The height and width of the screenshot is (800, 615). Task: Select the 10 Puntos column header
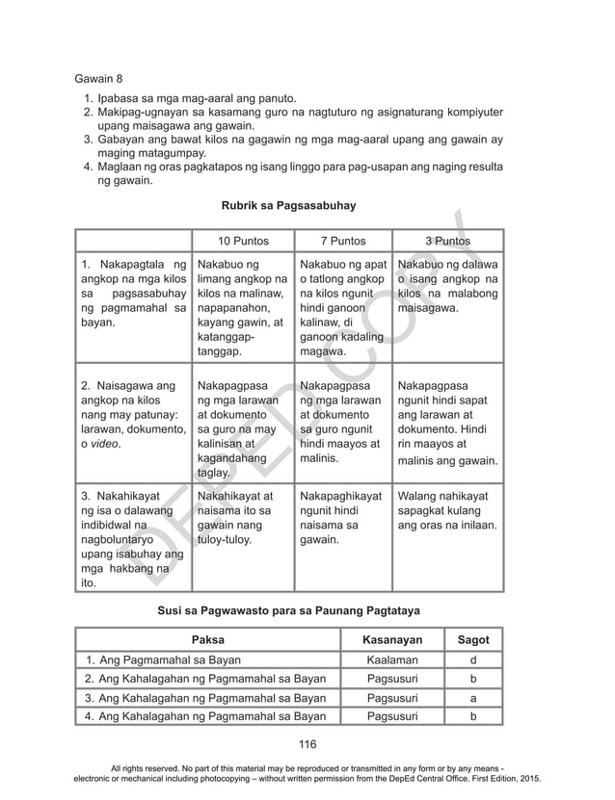coord(242,241)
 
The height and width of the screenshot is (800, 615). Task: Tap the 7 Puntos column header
coord(342,241)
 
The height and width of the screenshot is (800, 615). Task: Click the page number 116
coord(307,743)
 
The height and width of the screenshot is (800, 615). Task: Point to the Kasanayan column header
coord(391,639)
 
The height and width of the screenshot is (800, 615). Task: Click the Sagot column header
coord(472,639)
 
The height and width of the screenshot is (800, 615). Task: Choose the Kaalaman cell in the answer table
coord(391,660)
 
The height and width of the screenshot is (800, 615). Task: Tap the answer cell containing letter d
coord(472,660)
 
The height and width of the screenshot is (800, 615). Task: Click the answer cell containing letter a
coord(472,698)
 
